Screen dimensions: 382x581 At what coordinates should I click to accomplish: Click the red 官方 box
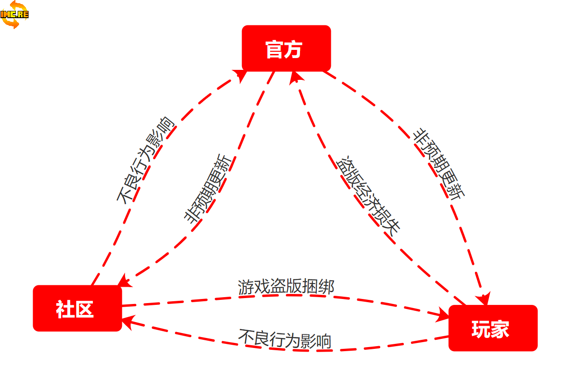click(x=286, y=48)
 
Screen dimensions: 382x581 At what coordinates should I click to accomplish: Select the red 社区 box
click(x=77, y=308)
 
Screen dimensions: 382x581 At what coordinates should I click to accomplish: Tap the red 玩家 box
click(x=493, y=328)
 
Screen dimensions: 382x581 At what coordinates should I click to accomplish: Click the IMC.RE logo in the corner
click(x=15, y=14)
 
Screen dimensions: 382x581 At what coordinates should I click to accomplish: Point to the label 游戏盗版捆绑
click(x=286, y=287)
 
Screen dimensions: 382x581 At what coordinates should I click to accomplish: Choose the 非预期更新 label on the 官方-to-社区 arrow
click(x=209, y=188)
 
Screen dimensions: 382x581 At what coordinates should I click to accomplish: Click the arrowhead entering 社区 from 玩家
click(x=127, y=322)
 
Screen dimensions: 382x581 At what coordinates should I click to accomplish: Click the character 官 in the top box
click(x=275, y=49)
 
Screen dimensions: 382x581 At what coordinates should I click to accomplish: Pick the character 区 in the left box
click(x=85, y=309)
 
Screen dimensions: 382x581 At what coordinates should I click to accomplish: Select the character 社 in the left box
click(x=65, y=309)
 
